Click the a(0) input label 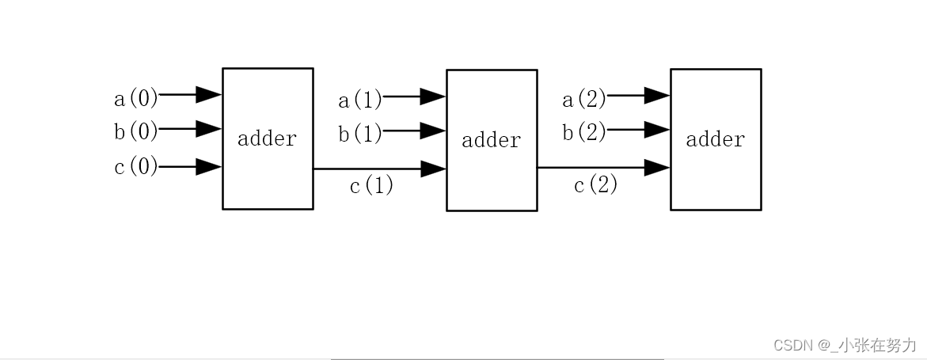[x=136, y=98]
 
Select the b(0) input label [x=136, y=131]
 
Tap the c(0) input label [x=136, y=167]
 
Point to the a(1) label [x=360, y=100]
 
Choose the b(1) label [x=360, y=133]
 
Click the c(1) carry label [x=371, y=186]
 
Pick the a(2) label [x=584, y=99]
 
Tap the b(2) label [x=584, y=132]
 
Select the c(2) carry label [x=595, y=185]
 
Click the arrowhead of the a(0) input [x=209, y=95]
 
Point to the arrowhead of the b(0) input [x=209, y=128]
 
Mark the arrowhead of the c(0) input [x=209, y=167]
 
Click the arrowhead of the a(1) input [x=433, y=97]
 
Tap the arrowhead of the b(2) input [x=657, y=128]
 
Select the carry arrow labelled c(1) [x=380, y=169]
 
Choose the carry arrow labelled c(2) [x=604, y=168]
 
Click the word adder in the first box [x=268, y=138]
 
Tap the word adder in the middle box [x=492, y=140]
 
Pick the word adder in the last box [x=716, y=139]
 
